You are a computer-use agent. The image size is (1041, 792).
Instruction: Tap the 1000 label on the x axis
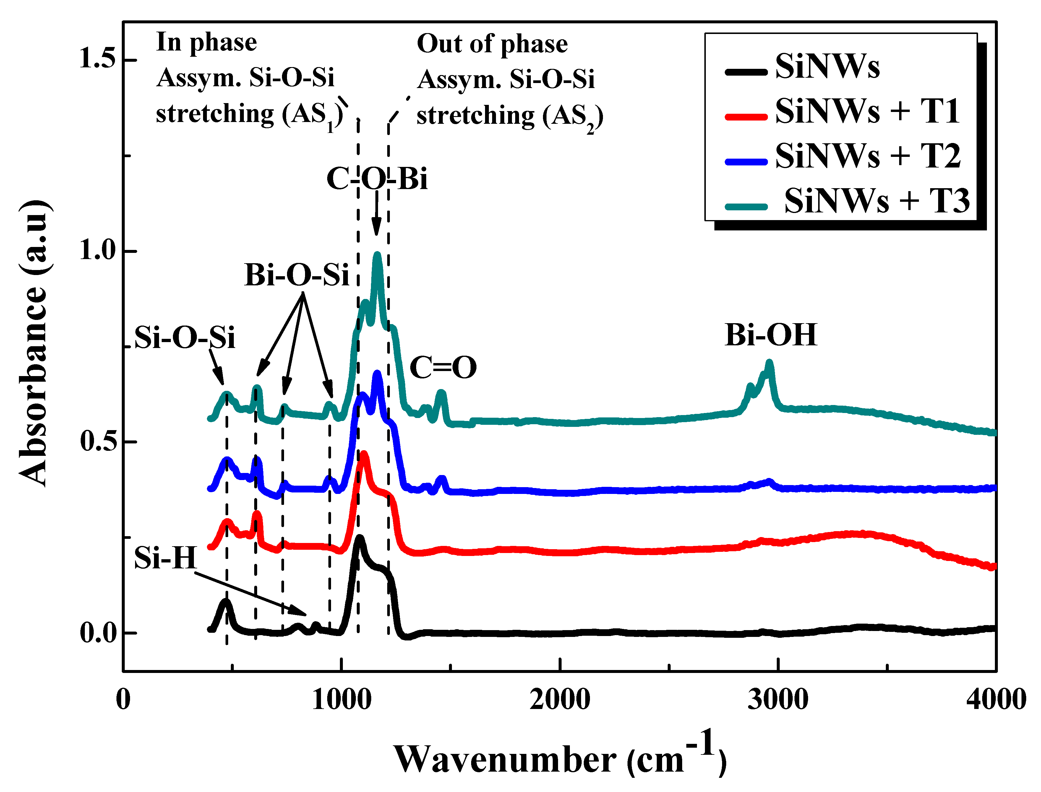(341, 700)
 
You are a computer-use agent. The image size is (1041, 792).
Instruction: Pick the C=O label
(443, 368)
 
